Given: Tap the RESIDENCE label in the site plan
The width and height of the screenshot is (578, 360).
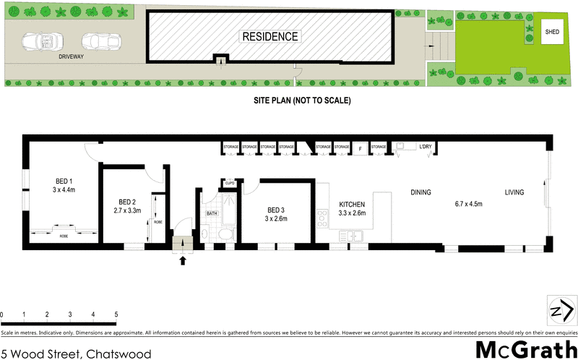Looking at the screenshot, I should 269,36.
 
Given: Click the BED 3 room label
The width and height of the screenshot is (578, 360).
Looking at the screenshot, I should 276,209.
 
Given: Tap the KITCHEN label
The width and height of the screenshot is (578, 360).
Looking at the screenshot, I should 353,205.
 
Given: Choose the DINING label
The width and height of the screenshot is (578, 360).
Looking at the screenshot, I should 420,192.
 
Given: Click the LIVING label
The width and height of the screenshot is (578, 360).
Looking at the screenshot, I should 514,192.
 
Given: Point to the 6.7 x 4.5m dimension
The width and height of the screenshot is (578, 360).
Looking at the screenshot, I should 467,204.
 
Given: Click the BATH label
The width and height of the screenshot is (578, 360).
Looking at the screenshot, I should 212,213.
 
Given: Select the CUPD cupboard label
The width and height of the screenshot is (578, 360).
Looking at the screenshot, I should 230,184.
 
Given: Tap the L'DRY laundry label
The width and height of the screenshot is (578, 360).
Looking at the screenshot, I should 426,147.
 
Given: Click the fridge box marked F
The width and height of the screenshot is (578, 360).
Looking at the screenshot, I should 360,147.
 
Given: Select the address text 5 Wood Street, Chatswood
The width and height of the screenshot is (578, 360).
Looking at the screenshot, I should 77,353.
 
